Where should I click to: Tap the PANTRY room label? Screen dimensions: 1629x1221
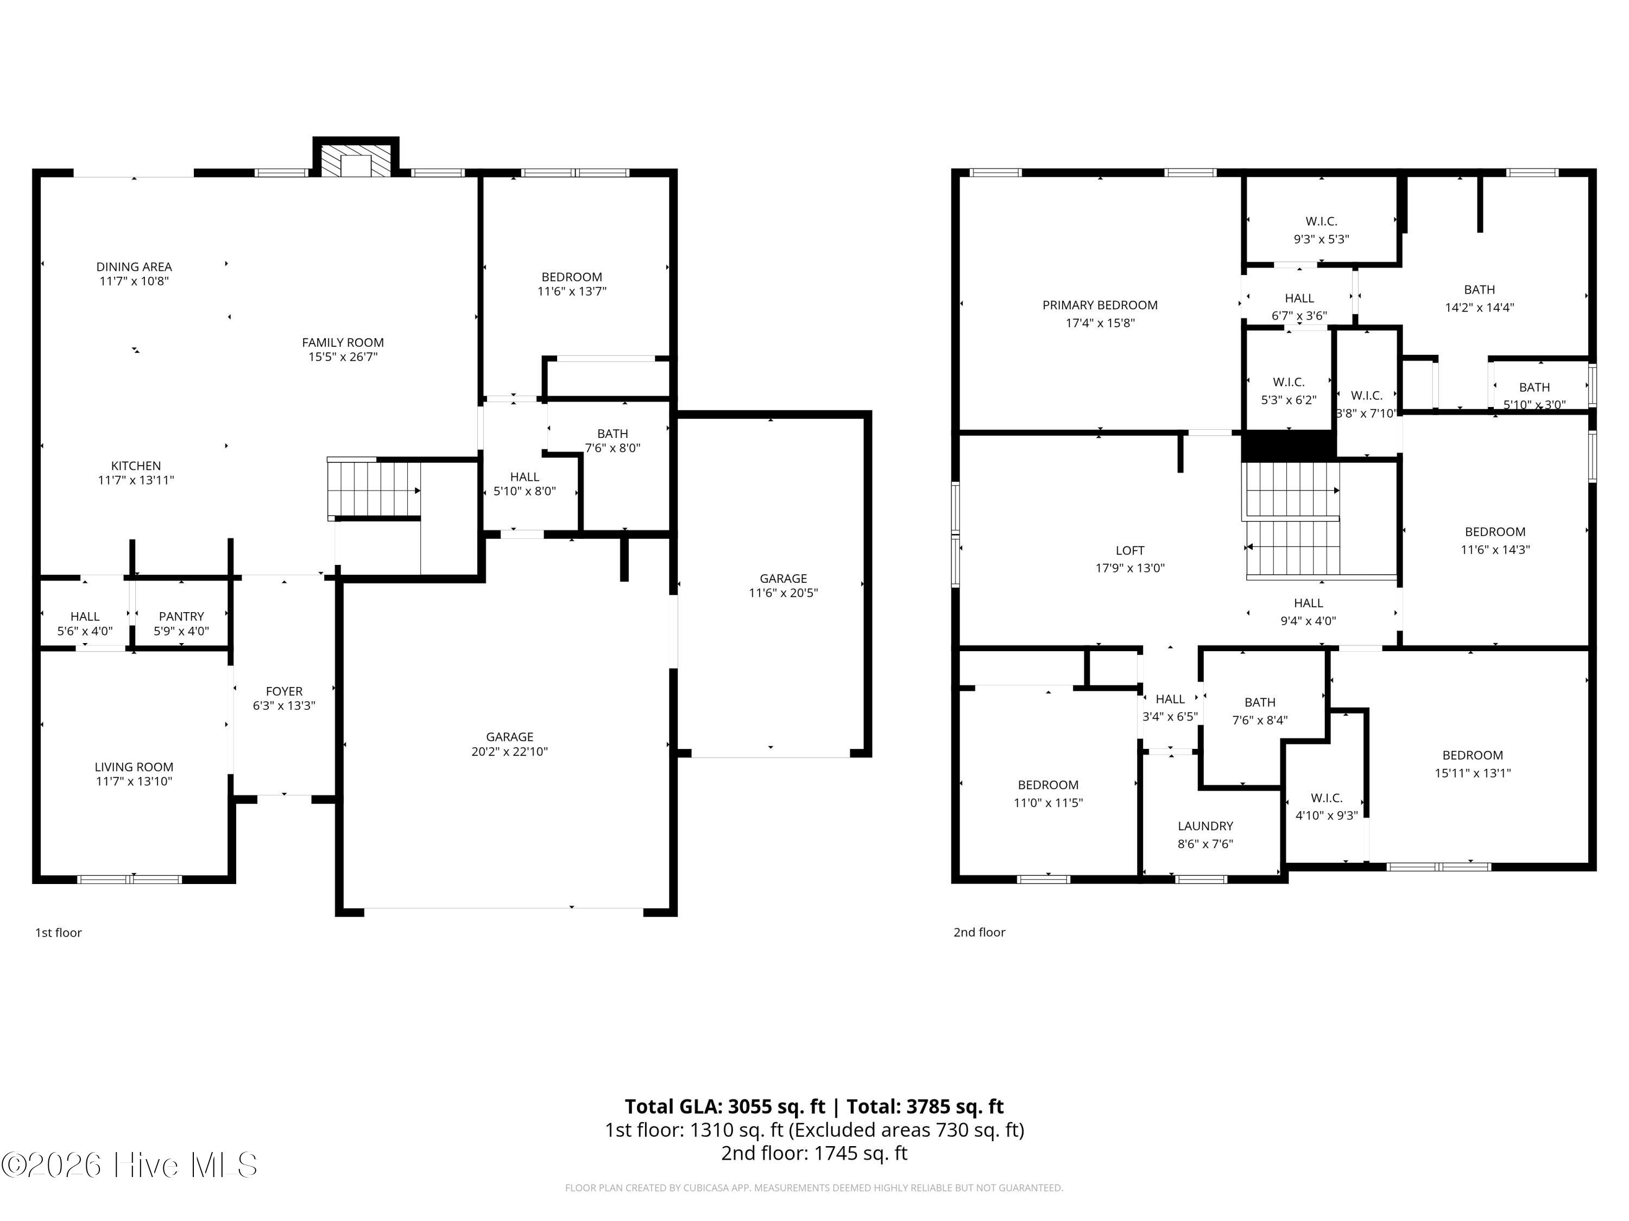[181, 616]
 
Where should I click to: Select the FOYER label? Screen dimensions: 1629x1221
[285, 691]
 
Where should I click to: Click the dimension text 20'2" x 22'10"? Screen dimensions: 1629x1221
[510, 752]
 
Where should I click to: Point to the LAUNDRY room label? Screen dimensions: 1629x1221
[1205, 826]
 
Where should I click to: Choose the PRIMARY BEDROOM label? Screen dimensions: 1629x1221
[1100, 304]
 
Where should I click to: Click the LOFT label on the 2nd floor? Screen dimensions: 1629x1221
[1131, 550]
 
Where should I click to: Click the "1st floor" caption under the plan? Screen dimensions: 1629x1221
[59, 932]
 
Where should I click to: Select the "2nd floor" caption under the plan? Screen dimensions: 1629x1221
[980, 932]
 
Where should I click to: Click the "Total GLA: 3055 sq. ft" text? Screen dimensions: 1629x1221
[725, 1106]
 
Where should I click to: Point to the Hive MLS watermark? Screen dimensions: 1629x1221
[130, 1165]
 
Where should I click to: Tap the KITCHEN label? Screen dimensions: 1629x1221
[136, 466]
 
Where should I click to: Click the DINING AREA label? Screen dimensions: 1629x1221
[134, 266]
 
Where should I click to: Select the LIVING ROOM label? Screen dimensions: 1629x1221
[134, 767]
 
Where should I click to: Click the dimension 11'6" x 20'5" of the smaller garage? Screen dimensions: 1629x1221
[784, 593]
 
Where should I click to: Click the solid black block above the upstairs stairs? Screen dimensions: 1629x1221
[1289, 446]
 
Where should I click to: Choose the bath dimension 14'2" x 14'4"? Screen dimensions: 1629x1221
[1480, 308]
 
